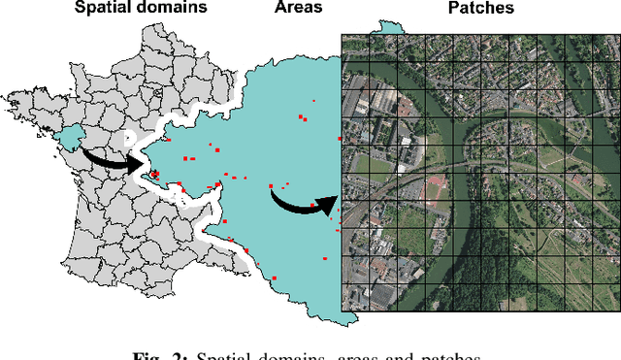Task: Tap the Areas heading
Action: (299, 9)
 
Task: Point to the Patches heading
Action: (481, 9)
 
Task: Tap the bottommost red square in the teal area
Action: (275, 279)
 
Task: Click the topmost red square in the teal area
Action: (312, 100)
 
